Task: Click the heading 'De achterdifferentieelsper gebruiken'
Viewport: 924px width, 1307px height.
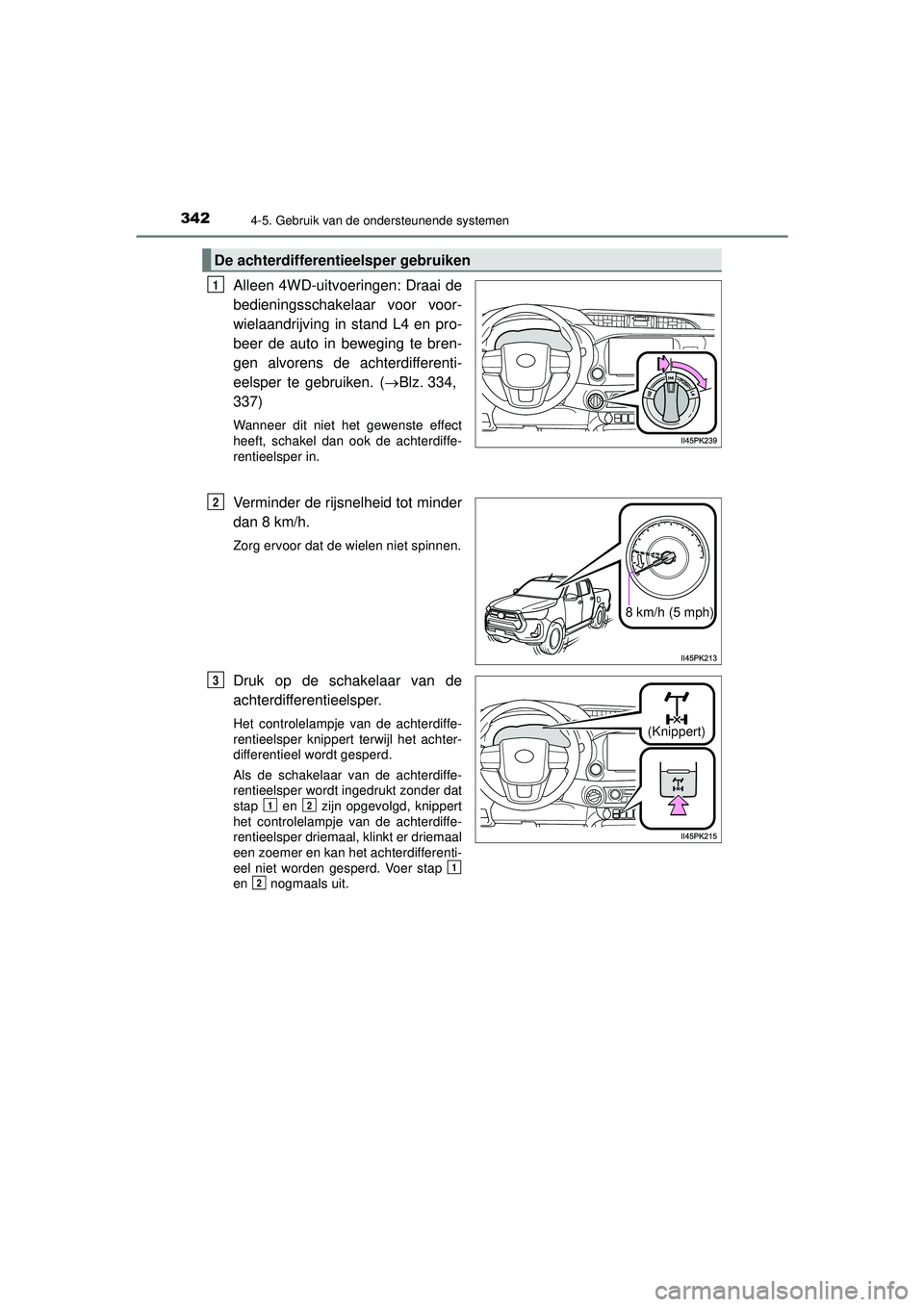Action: [x=343, y=260]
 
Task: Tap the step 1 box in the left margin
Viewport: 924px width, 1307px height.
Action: [x=214, y=284]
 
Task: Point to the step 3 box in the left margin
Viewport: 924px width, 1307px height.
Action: [x=214, y=679]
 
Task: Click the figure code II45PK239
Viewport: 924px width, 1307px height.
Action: [x=698, y=439]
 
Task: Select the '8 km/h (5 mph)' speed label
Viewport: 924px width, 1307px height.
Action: [x=669, y=611]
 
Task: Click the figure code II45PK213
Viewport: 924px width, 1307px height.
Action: [x=698, y=656]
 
